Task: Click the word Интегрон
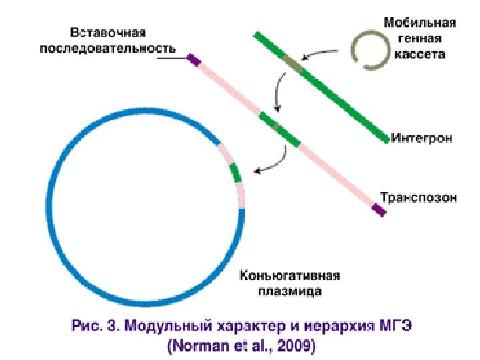(x=422, y=139)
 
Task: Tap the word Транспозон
(x=419, y=197)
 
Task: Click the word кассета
(x=419, y=54)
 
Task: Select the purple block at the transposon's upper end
(x=193, y=60)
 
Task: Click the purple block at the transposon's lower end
(x=379, y=210)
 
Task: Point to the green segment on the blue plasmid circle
(x=235, y=172)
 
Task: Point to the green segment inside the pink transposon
(x=279, y=130)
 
